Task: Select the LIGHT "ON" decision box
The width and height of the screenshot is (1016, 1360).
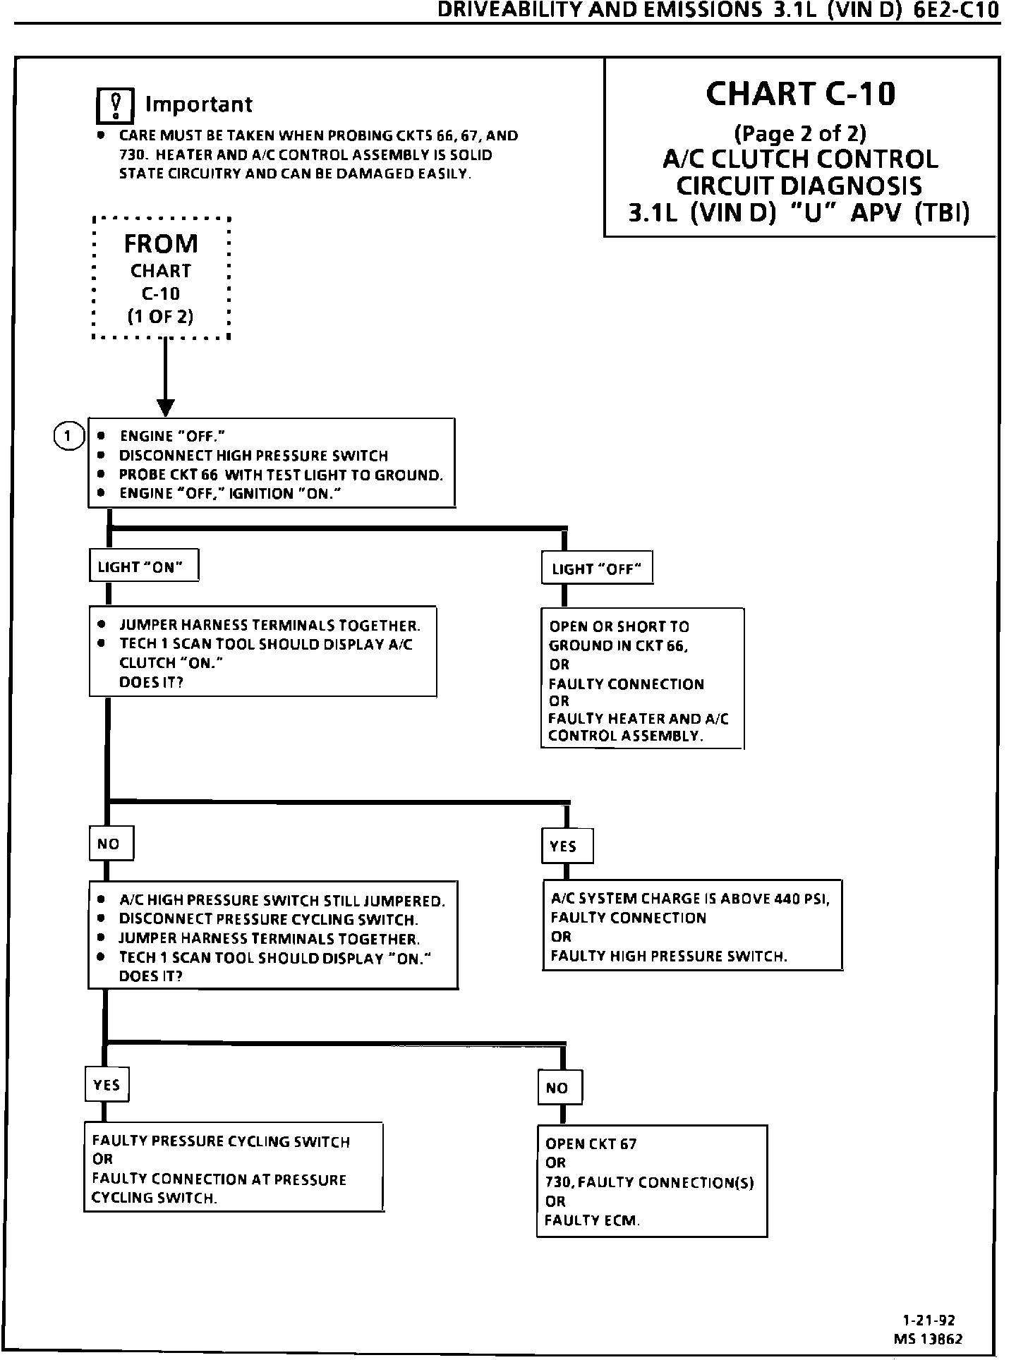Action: (144, 566)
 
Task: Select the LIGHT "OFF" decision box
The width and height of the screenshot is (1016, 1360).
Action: (597, 568)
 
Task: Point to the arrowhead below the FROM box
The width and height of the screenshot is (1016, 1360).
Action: (166, 408)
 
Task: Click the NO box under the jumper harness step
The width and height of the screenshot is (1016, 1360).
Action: (111, 844)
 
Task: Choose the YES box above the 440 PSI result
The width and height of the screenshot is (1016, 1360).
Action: (567, 846)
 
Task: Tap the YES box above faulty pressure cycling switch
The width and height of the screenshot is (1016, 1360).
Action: (107, 1085)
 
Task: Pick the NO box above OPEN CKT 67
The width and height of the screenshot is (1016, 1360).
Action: (560, 1088)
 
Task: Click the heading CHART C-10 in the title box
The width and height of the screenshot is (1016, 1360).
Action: (800, 93)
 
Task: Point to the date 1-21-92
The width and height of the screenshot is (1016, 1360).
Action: (929, 1320)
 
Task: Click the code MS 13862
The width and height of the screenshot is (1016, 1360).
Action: (928, 1338)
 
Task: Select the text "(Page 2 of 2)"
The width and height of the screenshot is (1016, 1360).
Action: (800, 133)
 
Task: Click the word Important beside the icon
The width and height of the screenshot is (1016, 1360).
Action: (199, 104)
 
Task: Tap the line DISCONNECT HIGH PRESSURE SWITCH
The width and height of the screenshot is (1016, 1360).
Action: (254, 456)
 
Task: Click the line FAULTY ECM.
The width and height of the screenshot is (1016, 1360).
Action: (592, 1220)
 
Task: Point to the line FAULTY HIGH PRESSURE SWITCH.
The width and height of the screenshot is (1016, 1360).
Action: (668, 957)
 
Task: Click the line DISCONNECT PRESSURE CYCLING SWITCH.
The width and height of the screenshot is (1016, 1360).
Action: (269, 920)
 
